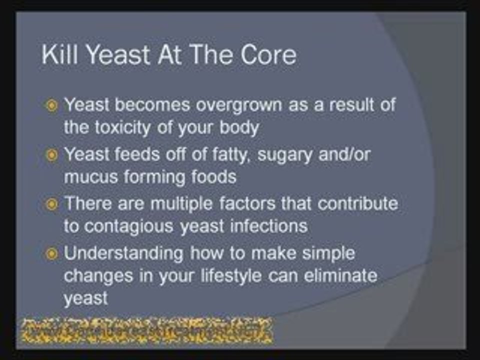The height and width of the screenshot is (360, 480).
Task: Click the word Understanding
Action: click(x=123, y=253)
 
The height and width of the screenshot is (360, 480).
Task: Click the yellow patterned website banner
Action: click(x=146, y=330)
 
